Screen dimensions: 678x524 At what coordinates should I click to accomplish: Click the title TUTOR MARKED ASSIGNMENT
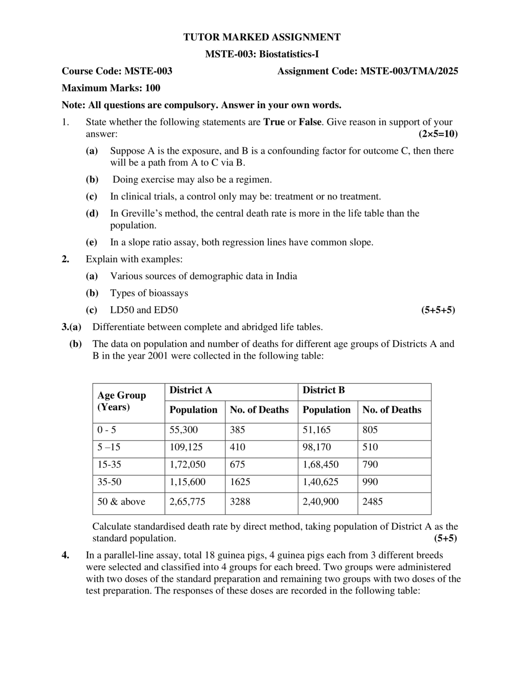click(262, 37)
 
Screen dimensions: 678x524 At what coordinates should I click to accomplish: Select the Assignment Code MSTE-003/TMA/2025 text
click(367, 71)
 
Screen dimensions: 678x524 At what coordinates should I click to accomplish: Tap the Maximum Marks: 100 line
click(111, 88)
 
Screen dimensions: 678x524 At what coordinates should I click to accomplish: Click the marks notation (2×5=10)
click(437, 134)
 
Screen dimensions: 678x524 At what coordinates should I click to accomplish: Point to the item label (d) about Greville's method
click(92, 214)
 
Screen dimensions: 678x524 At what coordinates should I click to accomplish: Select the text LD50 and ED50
click(144, 310)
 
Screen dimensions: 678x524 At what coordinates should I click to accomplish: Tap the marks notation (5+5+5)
click(437, 310)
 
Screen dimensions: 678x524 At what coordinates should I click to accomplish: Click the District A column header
click(191, 390)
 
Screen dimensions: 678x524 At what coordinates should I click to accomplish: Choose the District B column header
click(324, 390)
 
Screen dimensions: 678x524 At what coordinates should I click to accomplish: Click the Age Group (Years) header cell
click(121, 401)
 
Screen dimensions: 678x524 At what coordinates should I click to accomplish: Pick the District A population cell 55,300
click(184, 430)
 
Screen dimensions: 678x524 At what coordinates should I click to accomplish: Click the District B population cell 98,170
click(317, 447)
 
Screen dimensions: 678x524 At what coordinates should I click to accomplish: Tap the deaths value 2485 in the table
click(373, 502)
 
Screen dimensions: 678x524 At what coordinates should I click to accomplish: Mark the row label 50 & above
click(121, 502)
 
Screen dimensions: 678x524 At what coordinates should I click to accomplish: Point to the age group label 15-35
click(109, 465)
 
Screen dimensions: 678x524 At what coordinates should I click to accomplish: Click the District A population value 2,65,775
click(187, 502)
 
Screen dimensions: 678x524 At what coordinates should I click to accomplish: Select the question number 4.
click(65, 555)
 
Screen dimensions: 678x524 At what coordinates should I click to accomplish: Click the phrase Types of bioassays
click(149, 293)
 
